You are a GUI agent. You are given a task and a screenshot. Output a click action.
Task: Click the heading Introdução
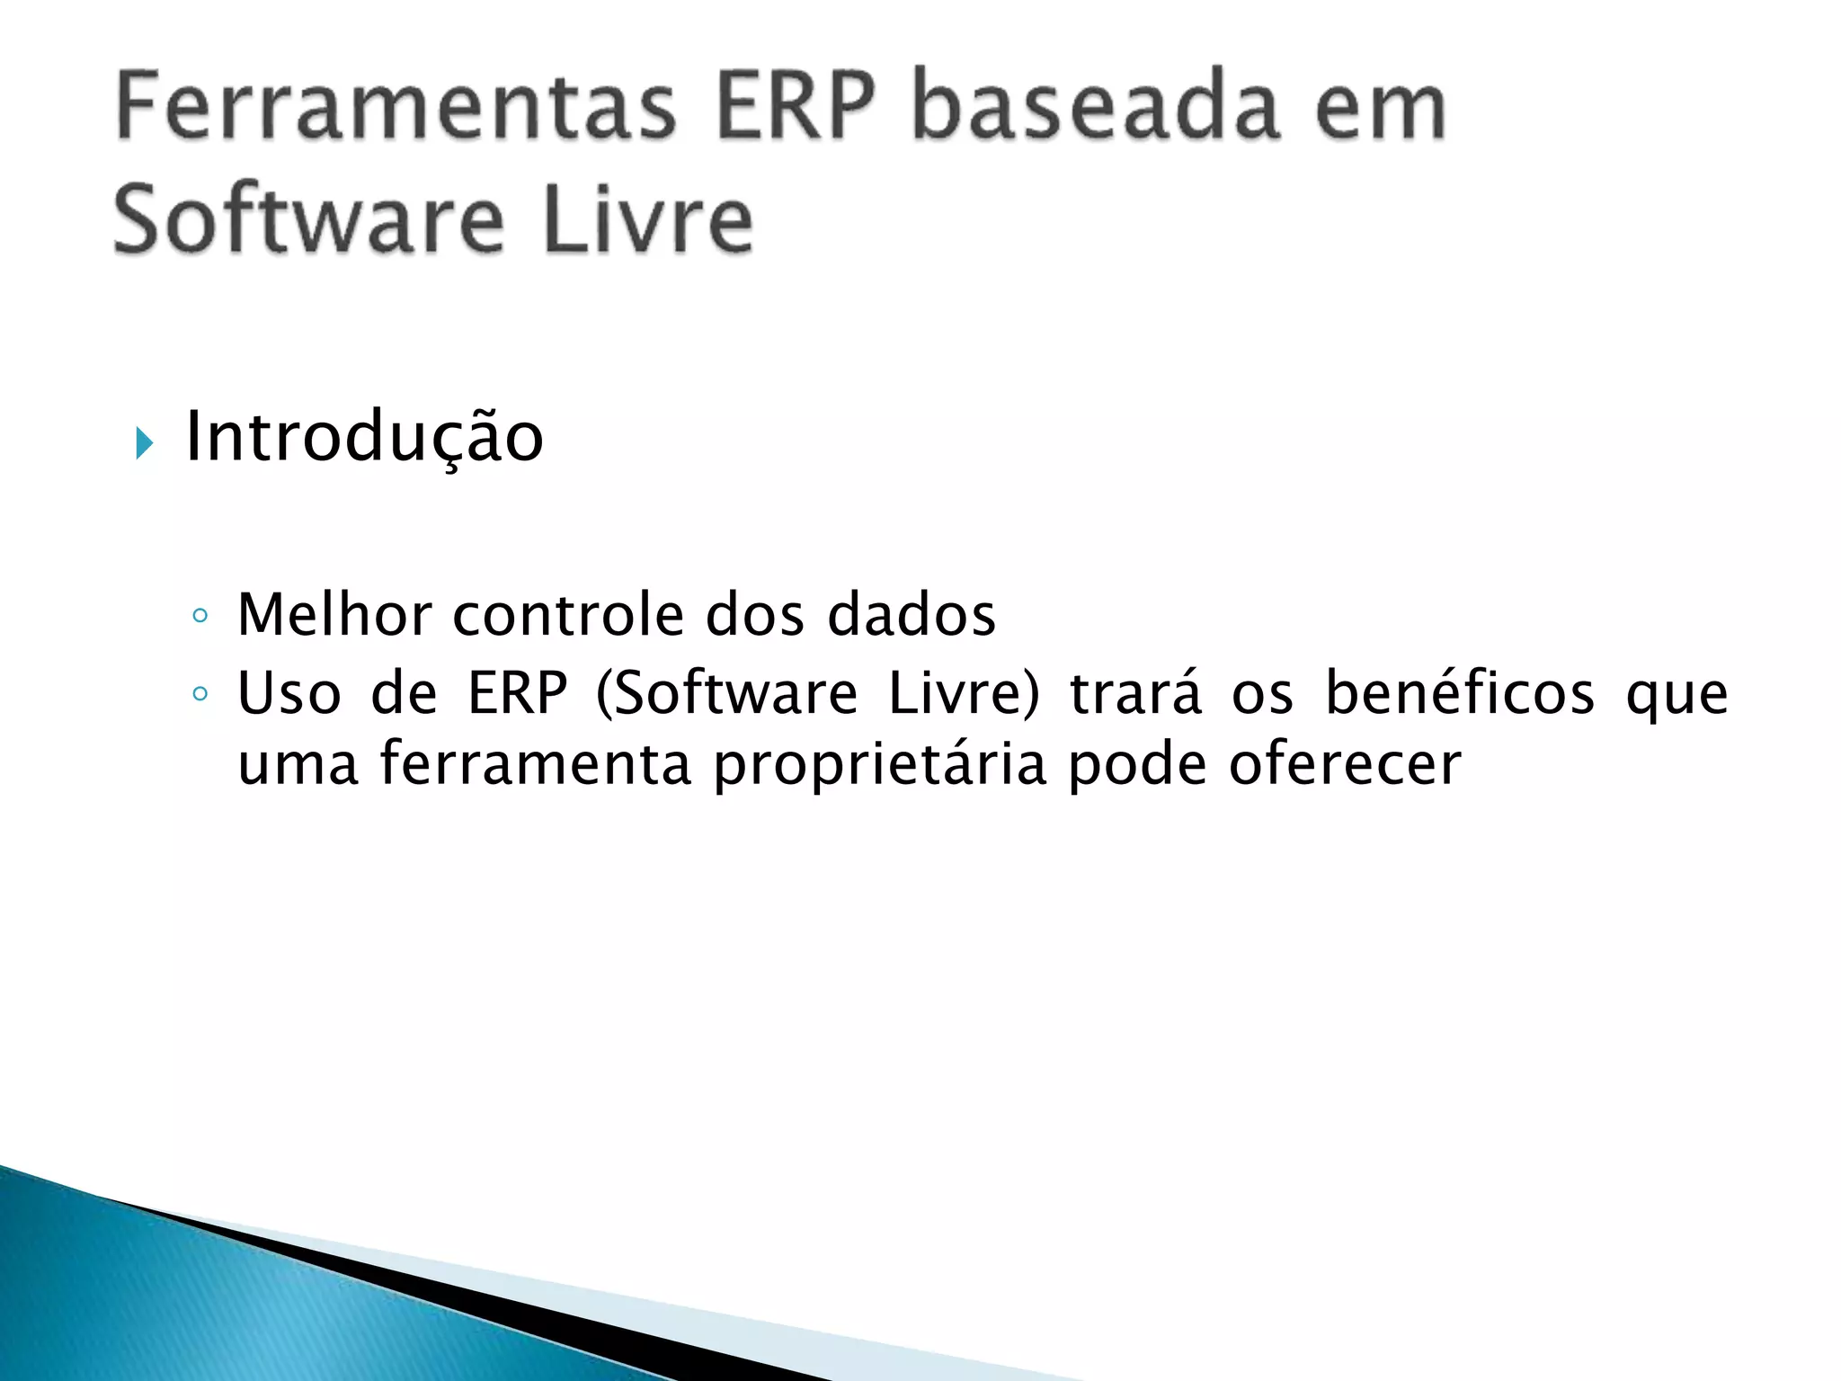(364, 438)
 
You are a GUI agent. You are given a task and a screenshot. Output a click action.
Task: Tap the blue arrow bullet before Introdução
(144, 442)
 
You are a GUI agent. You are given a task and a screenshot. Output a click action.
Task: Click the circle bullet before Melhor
(200, 617)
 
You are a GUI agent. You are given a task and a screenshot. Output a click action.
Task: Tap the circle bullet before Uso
(200, 694)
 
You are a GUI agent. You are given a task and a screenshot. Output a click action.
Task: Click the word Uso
(289, 694)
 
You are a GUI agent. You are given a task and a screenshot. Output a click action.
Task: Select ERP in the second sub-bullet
(518, 694)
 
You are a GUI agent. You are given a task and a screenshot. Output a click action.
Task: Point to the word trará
(1135, 694)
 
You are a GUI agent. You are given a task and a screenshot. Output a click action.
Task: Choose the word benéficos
(1460, 694)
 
